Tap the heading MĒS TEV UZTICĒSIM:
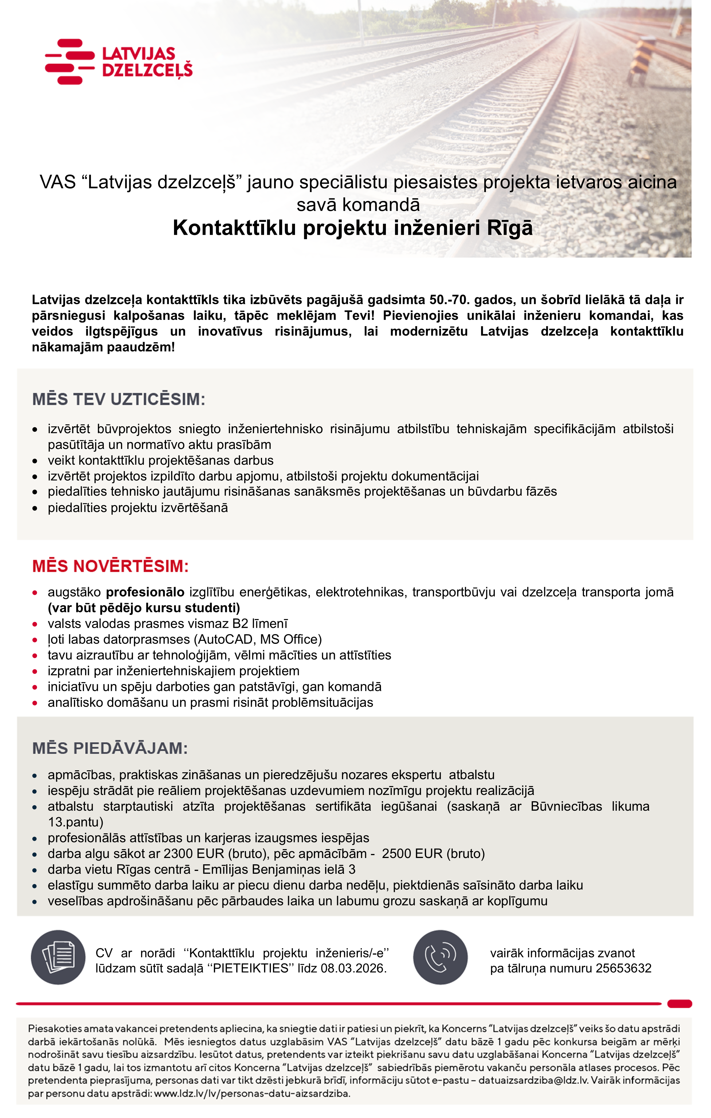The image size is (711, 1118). click(118, 399)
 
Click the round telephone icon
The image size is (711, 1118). click(440, 957)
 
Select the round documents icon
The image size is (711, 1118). click(58, 957)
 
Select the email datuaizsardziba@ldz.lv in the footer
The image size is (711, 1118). click(533, 1080)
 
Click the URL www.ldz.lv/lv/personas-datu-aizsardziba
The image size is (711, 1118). click(252, 1093)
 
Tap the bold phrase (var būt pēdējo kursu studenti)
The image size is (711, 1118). click(144, 608)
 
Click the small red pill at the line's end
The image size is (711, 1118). click(679, 1004)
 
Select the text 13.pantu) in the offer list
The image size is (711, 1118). click(75, 822)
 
